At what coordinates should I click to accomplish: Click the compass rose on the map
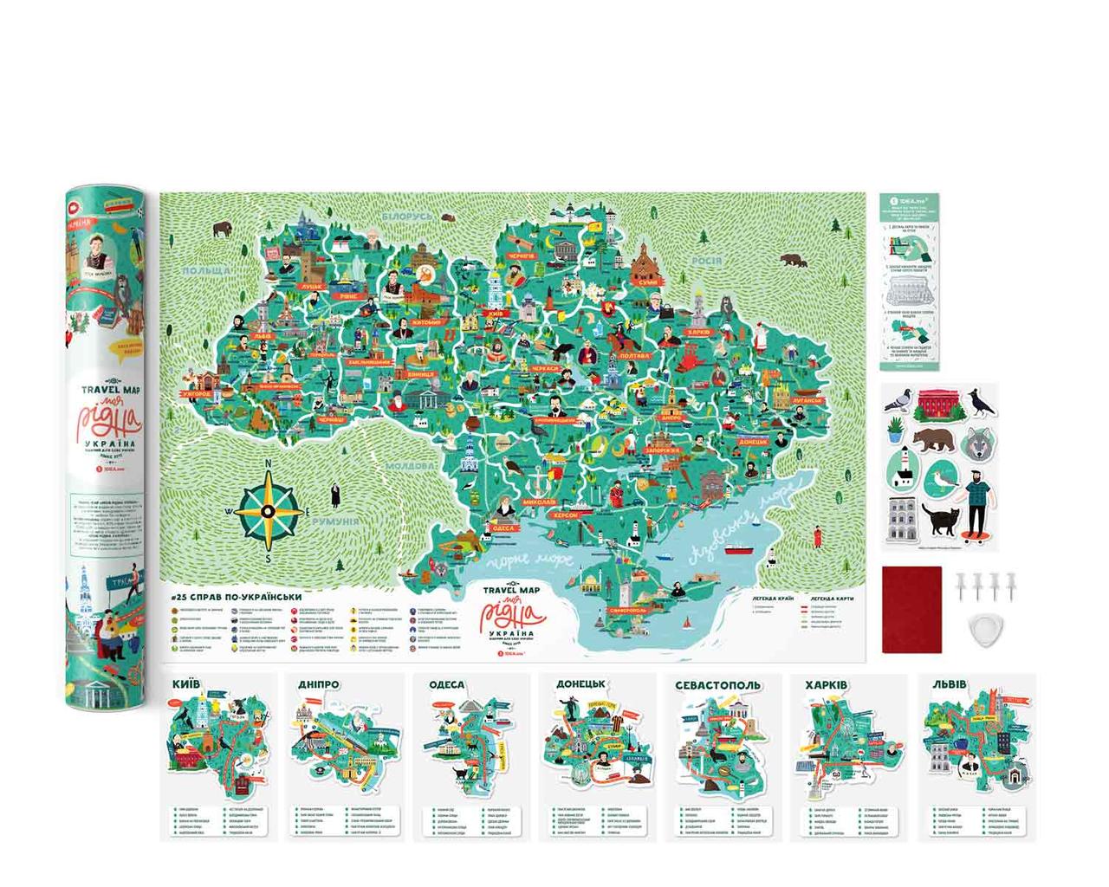click(269, 510)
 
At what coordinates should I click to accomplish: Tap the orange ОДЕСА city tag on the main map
click(503, 528)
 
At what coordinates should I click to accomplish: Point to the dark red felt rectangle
click(911, 609)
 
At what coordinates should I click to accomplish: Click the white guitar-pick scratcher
click(980, 631)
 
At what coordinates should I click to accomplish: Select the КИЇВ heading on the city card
click(186, 683)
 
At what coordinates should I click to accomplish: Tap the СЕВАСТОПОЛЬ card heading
click(718, 684)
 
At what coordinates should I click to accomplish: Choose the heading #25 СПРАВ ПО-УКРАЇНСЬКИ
click(236, 597)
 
